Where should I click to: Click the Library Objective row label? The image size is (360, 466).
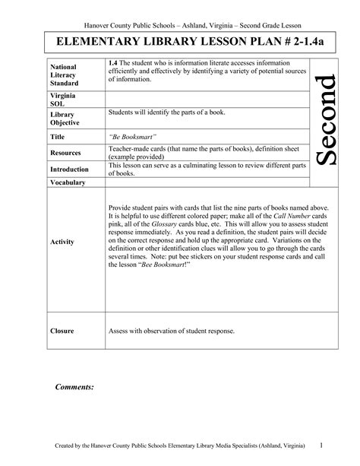click(x=65, y=118)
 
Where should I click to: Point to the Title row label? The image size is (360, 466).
click(x=58, y=138)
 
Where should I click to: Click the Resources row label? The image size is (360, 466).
click(x=66, y=153)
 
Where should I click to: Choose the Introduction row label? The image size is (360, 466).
click(x=69, y=169)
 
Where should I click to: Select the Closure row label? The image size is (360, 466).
click(x=62, y=331)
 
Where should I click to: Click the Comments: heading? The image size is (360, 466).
click(x=74, y=387)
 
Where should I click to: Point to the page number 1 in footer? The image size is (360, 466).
click(x=322, y=445)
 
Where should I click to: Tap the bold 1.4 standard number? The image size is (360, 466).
click(x=113, y=61)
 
